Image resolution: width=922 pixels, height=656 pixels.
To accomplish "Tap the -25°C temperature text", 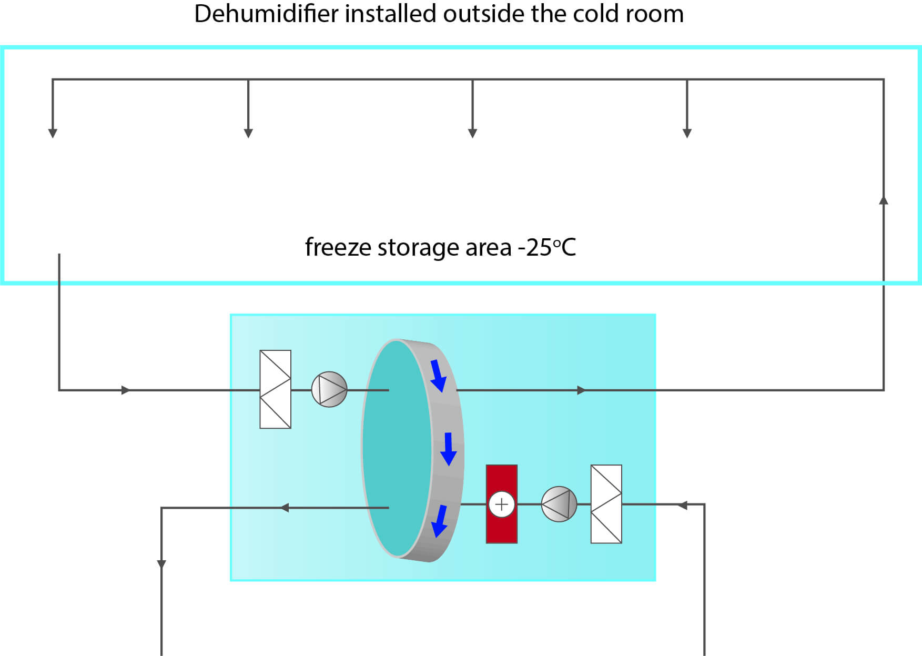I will [547, 247].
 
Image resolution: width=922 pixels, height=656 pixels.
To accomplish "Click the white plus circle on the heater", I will [501, 504].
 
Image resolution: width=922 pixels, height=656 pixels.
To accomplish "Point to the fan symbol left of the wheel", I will [329, 390].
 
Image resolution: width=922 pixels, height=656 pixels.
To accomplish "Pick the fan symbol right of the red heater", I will [559, 504].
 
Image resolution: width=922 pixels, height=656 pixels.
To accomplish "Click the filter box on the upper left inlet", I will [275, 389].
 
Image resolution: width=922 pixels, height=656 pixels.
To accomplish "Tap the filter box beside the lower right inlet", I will [606, 504].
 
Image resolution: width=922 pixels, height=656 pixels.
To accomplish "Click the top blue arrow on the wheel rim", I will [438, 375].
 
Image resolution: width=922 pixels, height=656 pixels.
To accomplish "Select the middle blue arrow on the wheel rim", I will [448, 449].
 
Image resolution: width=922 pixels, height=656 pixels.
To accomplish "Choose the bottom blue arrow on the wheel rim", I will [439, 521].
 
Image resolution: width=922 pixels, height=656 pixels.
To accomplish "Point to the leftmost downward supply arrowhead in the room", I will [53, 133].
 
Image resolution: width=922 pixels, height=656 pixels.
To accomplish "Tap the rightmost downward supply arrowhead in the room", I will [687, 133].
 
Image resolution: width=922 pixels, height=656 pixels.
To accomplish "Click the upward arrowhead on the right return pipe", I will [884, 200].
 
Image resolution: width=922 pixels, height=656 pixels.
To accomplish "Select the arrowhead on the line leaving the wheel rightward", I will [581, 390].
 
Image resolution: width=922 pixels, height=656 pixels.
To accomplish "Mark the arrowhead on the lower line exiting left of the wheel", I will [285, 508].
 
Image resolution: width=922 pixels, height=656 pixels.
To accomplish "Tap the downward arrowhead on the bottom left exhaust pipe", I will [161, 564].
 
